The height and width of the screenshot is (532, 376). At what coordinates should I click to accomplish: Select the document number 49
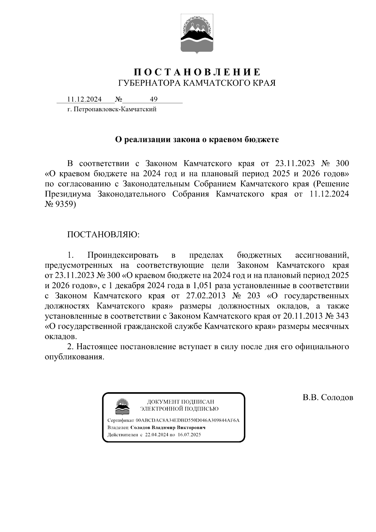pos(154,99)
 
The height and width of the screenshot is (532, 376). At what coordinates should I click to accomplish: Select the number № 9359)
pos(60,204)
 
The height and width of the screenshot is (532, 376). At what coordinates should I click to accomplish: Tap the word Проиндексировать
pos(123,255)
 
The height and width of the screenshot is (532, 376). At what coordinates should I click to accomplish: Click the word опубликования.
pos(74,357)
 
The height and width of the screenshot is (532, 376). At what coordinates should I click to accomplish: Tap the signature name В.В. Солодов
pos(328,398)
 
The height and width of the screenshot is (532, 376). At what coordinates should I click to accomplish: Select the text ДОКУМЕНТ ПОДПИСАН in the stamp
pos(181,402)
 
